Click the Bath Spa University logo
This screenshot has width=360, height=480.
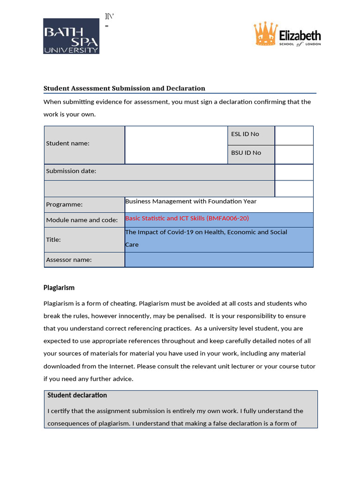click(x=71, y=36)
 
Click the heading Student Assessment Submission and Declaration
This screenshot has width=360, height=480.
click(x=124, y=88)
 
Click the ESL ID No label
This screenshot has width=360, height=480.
click(x=245, y=134)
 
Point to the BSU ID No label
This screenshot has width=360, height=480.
click(x=246, y=153)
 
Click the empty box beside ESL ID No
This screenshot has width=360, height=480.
click(x=294, y=135)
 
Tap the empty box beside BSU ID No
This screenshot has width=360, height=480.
click(x=294, y=154)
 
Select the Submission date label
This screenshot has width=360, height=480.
click(x=71, y=171)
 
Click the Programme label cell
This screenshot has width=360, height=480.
click(x=84, y=204)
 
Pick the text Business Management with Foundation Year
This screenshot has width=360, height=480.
click(x=191, y=201)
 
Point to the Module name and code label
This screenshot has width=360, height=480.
click(x=82, y=220)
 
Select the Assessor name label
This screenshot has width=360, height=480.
click(x=68, y=260)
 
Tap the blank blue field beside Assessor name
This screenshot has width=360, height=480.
click(x=219, y=260)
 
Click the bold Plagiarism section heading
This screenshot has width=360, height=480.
click(x=59, y=287)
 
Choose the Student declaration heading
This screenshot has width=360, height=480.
click(x=77, y=395)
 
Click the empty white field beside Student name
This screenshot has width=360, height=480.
click(x=176, y=144)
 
